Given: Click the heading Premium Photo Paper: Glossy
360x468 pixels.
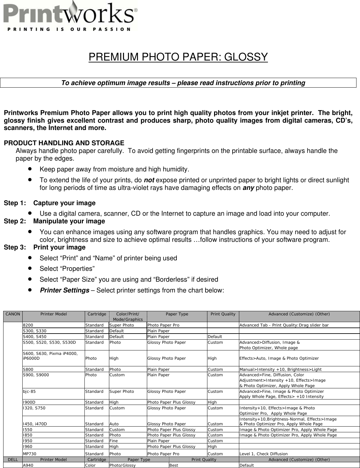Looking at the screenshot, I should tap(178, 57).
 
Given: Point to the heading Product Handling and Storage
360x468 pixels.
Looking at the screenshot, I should tap(64, 143).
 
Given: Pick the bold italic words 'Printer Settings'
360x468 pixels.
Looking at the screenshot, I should tap(64, 291).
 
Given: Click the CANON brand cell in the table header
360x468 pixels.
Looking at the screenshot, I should tap(12, 314).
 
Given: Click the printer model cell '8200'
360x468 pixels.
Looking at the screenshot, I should tap(27, 325).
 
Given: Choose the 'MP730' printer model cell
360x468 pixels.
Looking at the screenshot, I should tap(29, 454).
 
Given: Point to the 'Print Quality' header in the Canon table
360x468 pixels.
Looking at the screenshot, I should tap(223, 314).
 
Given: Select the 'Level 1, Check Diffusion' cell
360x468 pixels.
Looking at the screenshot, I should tap(263, 454).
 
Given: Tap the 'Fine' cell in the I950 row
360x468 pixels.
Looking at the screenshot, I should tap(113, 441).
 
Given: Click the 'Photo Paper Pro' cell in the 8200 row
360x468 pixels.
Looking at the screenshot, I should tap(163, 325).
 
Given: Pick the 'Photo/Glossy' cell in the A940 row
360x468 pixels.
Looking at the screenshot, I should tap(122, 465).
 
